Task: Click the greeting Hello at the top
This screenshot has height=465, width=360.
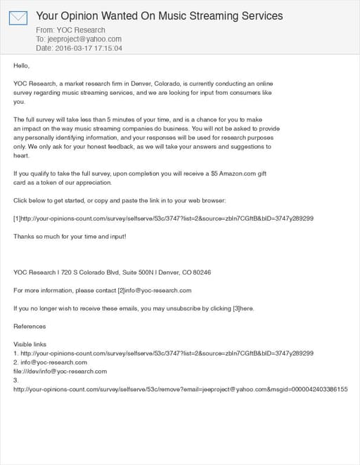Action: pos(22,65)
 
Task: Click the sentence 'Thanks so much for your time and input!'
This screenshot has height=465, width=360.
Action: pos(70,236)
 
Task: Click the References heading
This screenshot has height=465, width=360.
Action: pos(30,326)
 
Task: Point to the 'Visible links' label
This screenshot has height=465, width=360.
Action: pos(30,344)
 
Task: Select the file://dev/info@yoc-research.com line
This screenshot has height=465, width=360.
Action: pos(60,371)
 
